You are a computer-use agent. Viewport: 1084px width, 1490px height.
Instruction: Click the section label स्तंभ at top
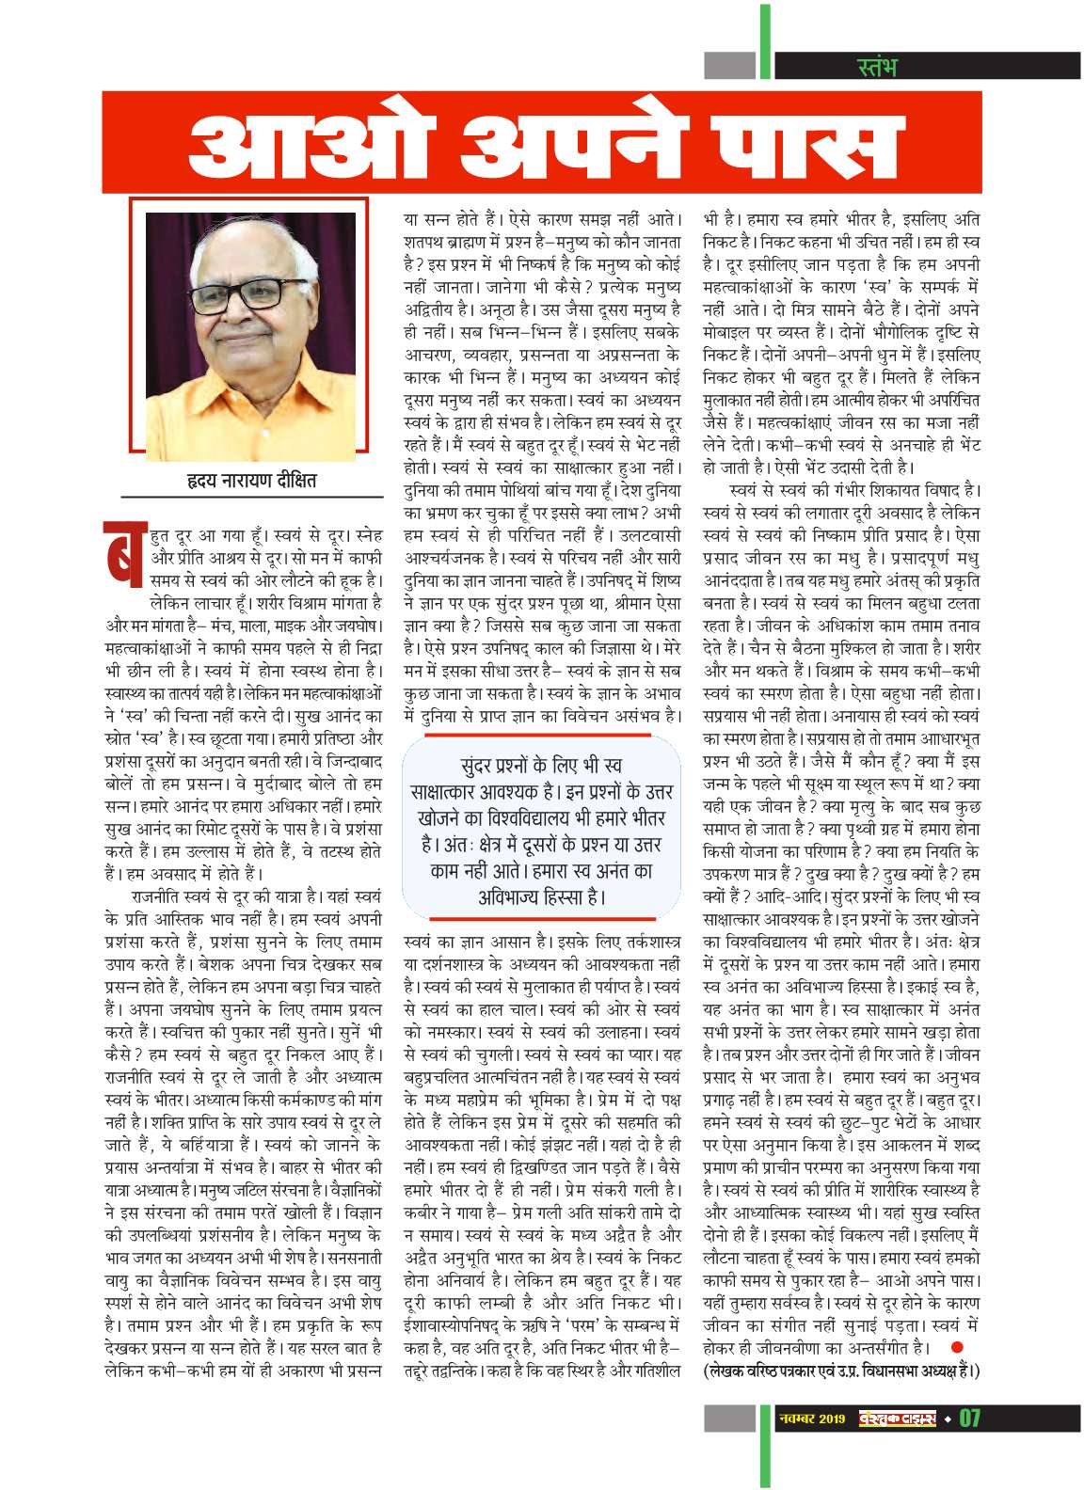877,66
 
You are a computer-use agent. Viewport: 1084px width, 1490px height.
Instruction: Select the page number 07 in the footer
969,1418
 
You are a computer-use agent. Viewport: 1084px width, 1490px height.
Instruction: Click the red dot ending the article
956,1347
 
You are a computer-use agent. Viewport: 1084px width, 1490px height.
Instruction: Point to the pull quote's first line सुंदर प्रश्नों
540,765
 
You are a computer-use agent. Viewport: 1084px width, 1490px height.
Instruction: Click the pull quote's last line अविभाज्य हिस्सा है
540,896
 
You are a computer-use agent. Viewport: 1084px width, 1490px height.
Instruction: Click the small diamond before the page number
948,1419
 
